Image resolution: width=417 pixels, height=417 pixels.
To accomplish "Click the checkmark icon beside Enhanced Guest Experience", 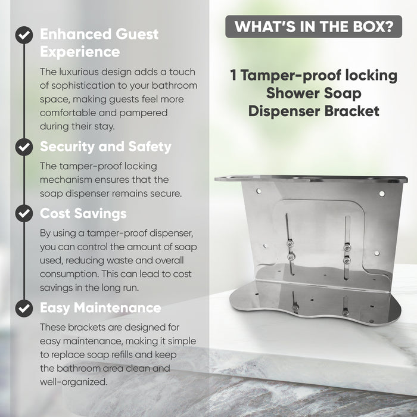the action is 24,35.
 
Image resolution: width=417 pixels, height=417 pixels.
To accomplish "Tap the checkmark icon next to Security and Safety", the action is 24,147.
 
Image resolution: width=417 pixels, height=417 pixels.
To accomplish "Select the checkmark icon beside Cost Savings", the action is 24,213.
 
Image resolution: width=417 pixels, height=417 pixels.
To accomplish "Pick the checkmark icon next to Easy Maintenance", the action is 24,308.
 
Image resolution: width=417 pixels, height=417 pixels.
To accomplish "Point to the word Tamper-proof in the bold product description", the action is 291,76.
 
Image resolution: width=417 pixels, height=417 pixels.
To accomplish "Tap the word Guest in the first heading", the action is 137,35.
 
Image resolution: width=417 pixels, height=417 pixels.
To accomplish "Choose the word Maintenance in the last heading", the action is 117,308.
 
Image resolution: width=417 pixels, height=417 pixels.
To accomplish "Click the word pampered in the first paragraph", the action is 143,113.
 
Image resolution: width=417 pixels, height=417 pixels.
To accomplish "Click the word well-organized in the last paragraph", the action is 74,382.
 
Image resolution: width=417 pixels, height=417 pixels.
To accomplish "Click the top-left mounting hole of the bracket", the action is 259,191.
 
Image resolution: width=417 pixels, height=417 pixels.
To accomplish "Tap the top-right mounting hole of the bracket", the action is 382,194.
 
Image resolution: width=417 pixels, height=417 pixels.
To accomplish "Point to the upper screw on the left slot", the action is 290,244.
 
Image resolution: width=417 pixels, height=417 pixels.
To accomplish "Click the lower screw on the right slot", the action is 346,261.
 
